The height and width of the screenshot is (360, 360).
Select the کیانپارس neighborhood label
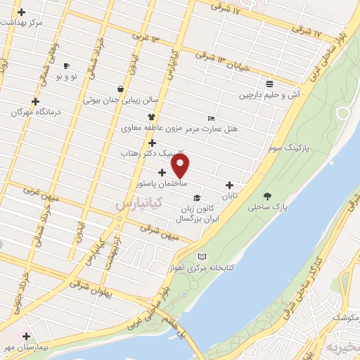tap(139, 203)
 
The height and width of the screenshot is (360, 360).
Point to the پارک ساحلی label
tap(268, 207)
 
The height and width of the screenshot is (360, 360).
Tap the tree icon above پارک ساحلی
tap(267, 196)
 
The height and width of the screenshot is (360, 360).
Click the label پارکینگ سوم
tap(289, 149)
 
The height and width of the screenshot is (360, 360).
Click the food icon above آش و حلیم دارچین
tap(268, 82)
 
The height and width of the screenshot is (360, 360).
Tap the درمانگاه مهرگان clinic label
tap(36, 112)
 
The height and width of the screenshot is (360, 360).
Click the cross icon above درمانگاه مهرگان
tap(35, 101)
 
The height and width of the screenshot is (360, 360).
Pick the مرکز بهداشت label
tap(21, 22)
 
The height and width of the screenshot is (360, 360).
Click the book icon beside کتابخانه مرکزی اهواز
tap(203, 257)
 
